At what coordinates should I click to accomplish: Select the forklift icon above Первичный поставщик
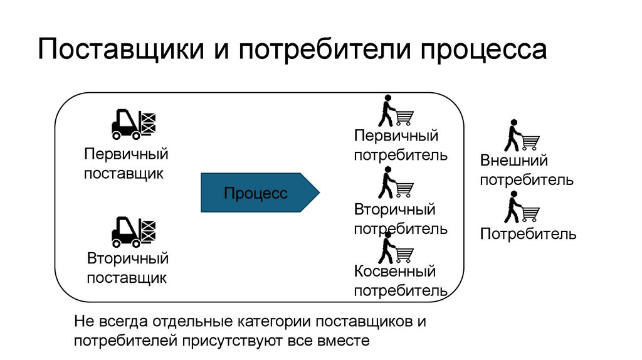(x=133, y=123)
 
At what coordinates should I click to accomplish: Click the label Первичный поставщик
(x=127, y=164)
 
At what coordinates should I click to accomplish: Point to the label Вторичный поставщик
(x=127, y=268)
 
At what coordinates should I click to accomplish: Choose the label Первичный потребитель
(x=400, y=146)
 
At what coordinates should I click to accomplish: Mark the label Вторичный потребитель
(x=400, y=219)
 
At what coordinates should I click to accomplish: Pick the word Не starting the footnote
(x=83, y=322)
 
